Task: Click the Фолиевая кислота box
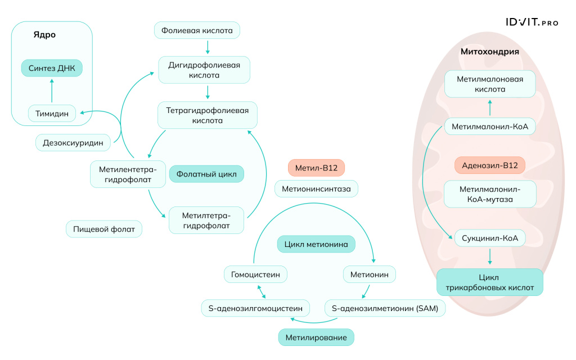(197, 30)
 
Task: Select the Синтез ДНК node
(52, 68)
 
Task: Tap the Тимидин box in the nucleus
(52, 114)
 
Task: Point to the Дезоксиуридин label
(73, 143)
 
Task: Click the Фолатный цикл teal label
(206, 174)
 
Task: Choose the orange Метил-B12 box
(316, 168)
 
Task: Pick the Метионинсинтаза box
(316, 189)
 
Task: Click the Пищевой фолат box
(104, 229)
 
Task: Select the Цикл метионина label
(316, 244)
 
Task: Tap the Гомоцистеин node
(255, 274)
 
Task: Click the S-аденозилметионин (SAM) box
(385, 308)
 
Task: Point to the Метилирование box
(316, 337)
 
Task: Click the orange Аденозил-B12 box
(489, 165)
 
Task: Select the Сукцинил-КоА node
(489, 238)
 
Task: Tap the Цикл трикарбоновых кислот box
(489, 282)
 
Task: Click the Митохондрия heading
(489, 52)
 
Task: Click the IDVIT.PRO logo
(531, 22)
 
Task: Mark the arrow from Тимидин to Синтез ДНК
(52, 91)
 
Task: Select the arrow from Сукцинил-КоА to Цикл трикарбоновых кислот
(489, 256)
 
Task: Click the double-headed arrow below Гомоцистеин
(262, 292)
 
